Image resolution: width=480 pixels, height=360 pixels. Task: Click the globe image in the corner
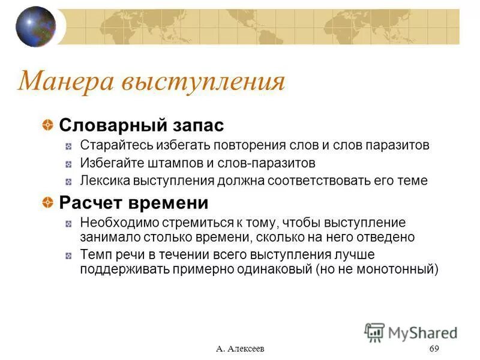click(x=35, y=26)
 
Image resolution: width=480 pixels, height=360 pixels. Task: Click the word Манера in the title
click(x=66, y=82)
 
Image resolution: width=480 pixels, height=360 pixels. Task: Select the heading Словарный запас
click(x=141, y=125)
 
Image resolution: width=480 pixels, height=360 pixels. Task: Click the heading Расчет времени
click(x=133, y=203)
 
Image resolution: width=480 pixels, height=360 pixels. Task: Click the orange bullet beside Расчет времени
click(x=47, y=203)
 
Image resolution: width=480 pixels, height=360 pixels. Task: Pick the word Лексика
click(x=103, y=181)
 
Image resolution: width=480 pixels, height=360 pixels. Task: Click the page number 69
click(x=435, y=349)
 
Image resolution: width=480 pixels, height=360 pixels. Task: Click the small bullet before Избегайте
click(x=70, y=163)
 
